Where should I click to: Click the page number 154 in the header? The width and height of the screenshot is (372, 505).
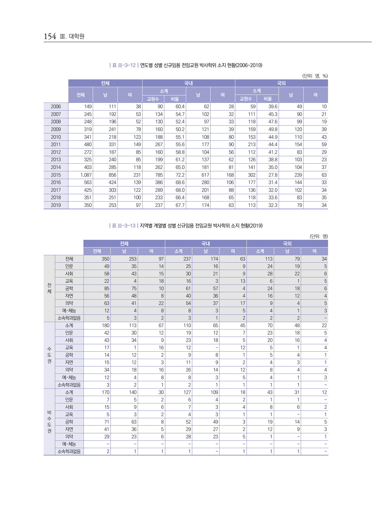[x=50, y=36]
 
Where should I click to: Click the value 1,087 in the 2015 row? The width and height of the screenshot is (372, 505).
[x=86, y=175]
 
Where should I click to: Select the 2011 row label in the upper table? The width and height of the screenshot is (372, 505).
[x=56, y=145]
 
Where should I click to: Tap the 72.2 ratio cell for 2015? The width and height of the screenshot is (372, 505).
[x=180, y=175]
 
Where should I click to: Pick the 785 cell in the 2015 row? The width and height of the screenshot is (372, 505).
[x=159, y=175]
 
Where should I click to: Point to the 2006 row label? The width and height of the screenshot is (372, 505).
[x=56, y=106]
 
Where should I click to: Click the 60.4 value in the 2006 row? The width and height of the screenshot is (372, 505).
[x=180, y=106]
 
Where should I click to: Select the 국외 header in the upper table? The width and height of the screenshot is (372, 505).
[x=281, y=83]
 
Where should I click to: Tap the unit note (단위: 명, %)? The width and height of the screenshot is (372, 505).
[x=315, y=76]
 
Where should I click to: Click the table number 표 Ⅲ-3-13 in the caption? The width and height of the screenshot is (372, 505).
[x=124, y=226]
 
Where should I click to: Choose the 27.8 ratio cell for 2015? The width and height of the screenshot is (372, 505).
[x=273, y=175]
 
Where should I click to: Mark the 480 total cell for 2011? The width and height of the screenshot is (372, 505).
[x=88, y=145]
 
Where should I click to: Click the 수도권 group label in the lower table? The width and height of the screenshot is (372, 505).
[x=49, y=355]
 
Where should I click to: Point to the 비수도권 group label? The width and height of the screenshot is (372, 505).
[x=49, y=421]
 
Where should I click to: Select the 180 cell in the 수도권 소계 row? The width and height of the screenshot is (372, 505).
[x=105, y=325]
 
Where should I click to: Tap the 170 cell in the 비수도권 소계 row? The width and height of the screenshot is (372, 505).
[x=105, y=392]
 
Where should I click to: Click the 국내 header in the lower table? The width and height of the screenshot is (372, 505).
[x=206, y=244]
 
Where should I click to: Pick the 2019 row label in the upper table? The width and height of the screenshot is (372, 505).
[x=56, y=205]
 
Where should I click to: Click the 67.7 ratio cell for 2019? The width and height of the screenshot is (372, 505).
[x=180, y=205]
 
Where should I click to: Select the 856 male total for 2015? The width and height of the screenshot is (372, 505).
[x=112, y=175]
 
